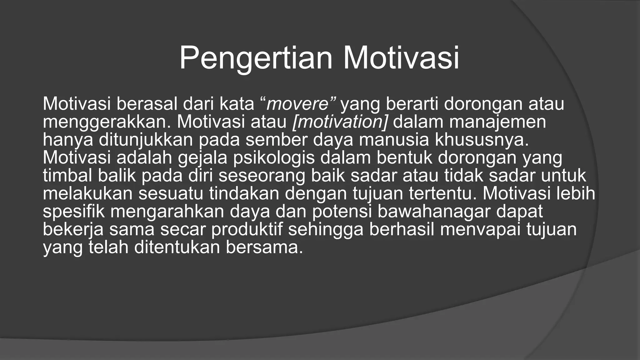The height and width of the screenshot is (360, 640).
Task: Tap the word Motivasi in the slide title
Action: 401,58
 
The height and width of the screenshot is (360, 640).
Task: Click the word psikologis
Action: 274,158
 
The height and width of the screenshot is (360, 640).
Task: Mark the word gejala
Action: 202,158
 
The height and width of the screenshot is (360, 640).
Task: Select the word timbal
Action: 67,176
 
